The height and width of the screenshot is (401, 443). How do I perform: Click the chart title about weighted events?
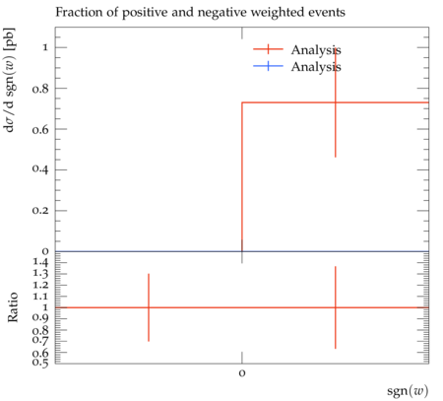[200, 13]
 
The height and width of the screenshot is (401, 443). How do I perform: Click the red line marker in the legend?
[268, 49]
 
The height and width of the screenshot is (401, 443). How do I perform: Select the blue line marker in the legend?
[268, 66]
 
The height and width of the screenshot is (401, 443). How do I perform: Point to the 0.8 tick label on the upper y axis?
[40, 89]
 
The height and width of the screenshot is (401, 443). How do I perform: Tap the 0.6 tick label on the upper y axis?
[40, 129]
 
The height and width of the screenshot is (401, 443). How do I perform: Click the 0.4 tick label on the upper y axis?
[40, 169]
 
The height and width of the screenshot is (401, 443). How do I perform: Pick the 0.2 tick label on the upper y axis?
[40, 210]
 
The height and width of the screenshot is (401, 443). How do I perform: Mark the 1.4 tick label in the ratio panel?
[40, 262]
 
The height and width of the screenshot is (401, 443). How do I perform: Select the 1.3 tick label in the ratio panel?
[40, 274]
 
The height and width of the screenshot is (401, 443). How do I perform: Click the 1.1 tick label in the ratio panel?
[40, 297]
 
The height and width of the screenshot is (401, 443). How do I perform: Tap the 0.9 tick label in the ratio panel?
[40, 318]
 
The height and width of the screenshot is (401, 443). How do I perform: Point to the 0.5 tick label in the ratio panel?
[40, 363]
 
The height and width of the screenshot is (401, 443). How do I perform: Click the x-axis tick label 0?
[242, 373]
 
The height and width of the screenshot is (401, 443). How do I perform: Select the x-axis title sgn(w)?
[408, 391]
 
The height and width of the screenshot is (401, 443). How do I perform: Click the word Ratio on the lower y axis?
[13, 307]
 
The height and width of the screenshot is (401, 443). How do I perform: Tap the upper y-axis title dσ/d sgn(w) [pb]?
[9, 80]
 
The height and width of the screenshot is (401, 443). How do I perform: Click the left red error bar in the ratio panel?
[149, 307]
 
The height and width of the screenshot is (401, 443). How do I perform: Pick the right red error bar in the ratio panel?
[336, 307]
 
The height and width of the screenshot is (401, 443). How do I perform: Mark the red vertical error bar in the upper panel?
[336, 102]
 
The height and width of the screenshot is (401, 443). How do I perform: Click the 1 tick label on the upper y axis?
[45, 47]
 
